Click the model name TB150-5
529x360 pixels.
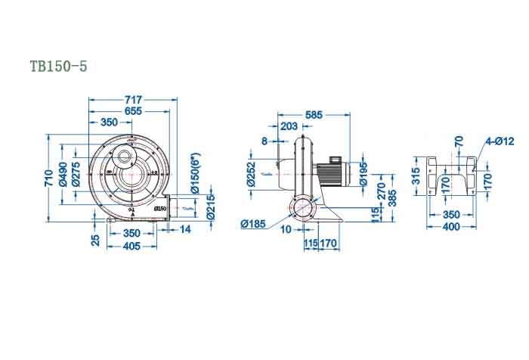(x=58, y=67)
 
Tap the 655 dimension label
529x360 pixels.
(x=133, y=110)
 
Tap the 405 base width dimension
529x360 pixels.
(x=131, y=246)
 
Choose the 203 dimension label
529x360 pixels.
(x=288, y=126)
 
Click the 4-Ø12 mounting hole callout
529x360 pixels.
(x=500, y=141)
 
